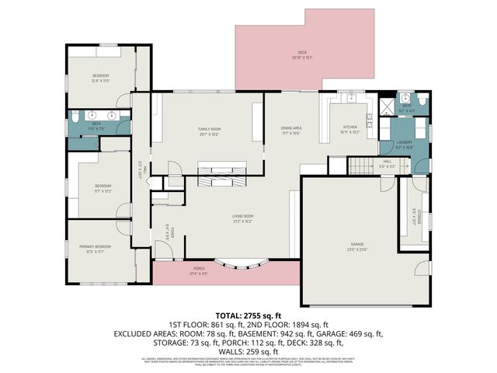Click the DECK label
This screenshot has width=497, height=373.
(x=301, y=54)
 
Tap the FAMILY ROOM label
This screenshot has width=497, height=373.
(x=209, y=131)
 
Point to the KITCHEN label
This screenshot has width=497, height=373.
(x=350, y=129)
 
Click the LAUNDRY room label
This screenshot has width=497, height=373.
(x=404, y=145)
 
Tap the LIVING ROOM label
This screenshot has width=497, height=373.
(x=243, y=218)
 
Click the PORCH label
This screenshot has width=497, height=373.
(x=200, y=273)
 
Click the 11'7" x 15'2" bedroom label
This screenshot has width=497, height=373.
(x=103, y=187)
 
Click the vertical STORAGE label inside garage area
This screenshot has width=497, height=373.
(x=415, y=217)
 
